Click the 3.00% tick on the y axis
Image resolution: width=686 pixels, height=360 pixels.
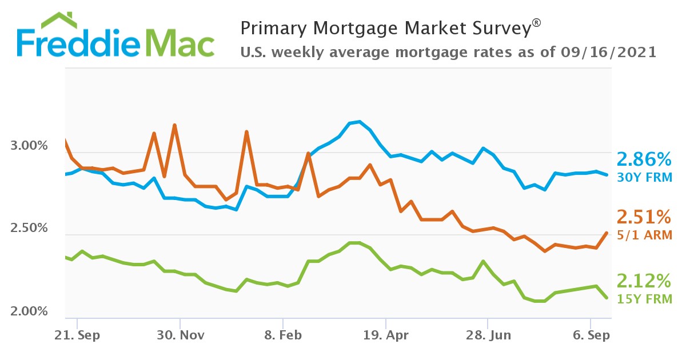tap(29, 146)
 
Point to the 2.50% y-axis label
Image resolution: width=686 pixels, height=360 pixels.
tap(29, 229)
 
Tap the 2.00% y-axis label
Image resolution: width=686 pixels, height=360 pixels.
tap(29, 311)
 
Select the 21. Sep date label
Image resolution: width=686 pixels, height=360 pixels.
tap(77, 335)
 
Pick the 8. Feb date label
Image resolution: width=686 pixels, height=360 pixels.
tap(282, 335)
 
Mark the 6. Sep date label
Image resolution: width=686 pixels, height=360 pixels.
tap(591, 335)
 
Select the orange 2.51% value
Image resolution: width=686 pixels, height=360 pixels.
tap(643, 217)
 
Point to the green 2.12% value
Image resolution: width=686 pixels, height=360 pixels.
tap(643, 281)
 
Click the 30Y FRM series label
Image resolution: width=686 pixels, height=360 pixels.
tap(644, 178)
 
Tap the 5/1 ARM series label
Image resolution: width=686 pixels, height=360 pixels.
tap(644, 234)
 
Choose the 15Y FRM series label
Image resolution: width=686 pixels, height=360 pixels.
tap(644, 298)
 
